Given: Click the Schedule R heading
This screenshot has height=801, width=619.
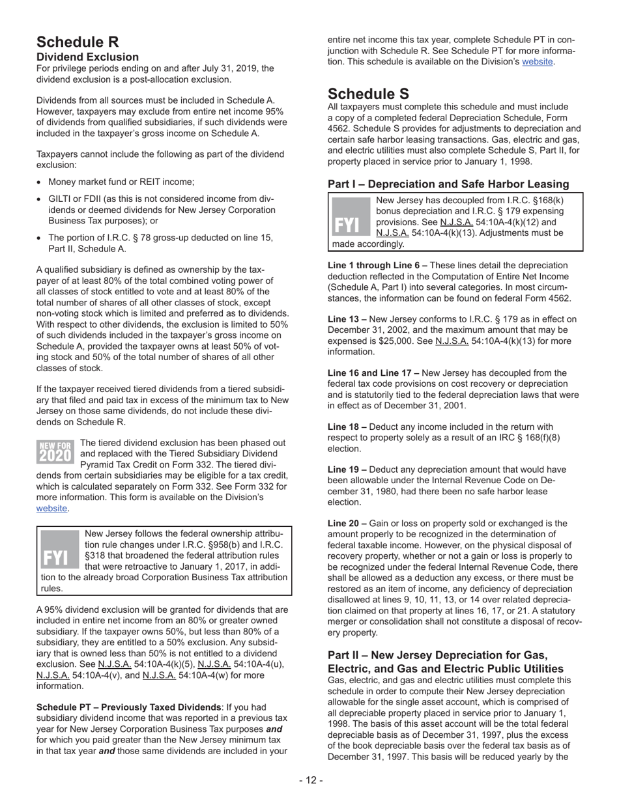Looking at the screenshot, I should (78, 42).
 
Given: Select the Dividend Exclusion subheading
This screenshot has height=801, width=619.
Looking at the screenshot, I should (87, 57).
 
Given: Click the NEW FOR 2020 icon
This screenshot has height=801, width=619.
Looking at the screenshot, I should (55, 451).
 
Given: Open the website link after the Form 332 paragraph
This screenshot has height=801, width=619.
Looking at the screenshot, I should (52, 509).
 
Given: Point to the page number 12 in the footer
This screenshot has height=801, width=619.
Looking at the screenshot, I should (311, 781).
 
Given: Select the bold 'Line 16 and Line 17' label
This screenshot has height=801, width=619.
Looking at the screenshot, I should (373, 373).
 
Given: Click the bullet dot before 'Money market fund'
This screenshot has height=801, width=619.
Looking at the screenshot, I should (40, 182).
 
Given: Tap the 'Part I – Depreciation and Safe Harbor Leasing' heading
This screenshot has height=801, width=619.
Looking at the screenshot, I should (448, 184).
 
